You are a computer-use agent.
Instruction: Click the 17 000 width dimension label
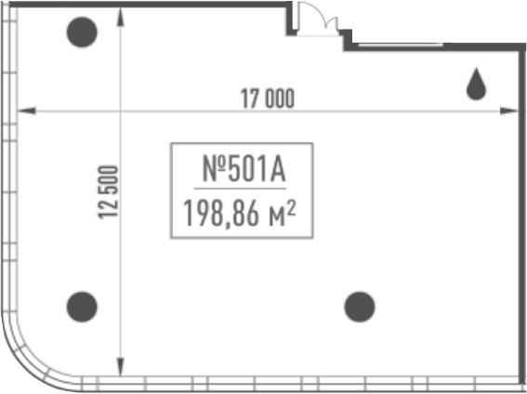coord(268,98)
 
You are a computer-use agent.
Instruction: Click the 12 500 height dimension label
coord(108,192)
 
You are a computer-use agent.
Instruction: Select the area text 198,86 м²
coord(240,214)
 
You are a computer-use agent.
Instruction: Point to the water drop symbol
coord(476,85)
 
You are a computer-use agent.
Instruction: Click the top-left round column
coord(82,33)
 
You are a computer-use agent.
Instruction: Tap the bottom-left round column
coord(82,307)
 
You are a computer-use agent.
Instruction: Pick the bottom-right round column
coord(360,307)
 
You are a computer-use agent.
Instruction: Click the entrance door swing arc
coord(320,10)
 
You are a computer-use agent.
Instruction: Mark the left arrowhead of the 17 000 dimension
coord(26,111)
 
